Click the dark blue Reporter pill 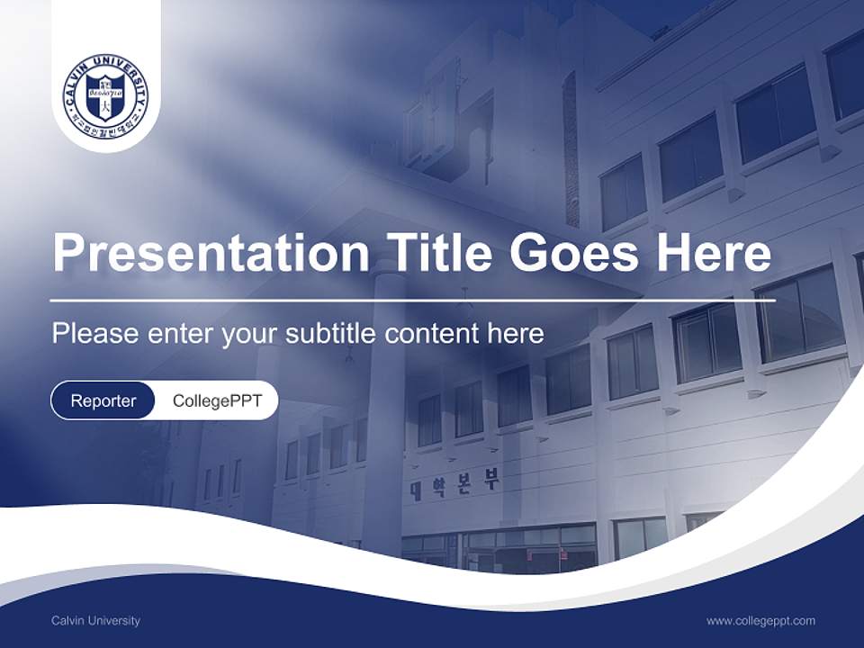point(103,400)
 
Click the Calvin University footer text point(95,620)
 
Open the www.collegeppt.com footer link point(760,620)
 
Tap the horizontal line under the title point(413,301)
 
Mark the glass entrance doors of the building point(504,549)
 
